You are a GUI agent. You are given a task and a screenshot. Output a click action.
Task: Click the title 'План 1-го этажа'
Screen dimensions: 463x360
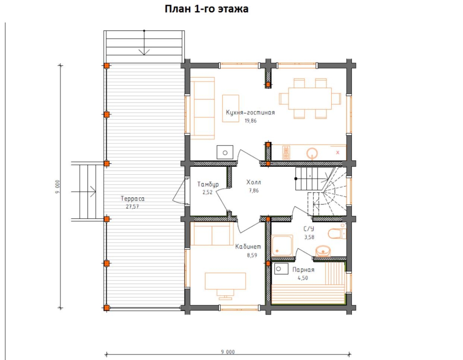[206, 9]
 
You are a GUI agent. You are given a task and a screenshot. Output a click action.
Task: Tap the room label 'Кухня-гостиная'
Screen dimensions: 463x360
[250, 112]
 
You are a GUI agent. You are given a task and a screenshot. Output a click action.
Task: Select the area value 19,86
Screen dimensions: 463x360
[250, 121]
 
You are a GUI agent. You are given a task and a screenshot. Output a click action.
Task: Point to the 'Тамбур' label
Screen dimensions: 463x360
[208, 184]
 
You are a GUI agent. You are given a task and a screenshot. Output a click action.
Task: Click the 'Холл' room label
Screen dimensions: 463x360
[253, 182]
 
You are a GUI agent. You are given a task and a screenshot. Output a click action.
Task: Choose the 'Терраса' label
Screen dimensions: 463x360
[132, 199]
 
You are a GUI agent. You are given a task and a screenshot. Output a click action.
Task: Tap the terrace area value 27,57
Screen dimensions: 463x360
[132, 206]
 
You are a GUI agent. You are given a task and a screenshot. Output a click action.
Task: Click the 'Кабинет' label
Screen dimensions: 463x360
[248, 247]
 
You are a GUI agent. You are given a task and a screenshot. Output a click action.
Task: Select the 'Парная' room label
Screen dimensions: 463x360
[303, 270]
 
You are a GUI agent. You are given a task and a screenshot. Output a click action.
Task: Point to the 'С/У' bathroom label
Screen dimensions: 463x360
[309, 229]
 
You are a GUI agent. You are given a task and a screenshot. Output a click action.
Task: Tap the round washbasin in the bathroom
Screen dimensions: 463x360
[323, 251]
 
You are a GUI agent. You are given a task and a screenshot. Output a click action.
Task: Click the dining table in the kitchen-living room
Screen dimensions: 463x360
[310, 99]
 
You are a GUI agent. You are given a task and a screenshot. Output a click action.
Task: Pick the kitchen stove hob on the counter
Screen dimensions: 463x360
[286, 153]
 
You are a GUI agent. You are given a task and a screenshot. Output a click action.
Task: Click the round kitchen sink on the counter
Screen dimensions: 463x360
[312, 153]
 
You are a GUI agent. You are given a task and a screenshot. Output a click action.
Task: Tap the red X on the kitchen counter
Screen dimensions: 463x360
[338, 153]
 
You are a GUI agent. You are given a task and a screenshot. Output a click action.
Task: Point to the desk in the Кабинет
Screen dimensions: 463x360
[225, 281]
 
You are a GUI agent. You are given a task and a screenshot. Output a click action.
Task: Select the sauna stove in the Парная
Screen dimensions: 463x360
[281, 269]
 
